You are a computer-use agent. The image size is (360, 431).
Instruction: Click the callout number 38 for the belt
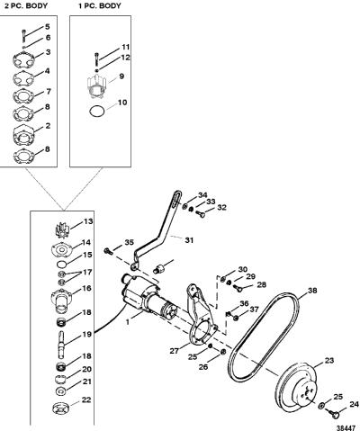pyautogui.click(x=312, y=291)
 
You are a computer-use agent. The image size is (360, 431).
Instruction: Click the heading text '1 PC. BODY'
pyautogui.click(x=100, y=5)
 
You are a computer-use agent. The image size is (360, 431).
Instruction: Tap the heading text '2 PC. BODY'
pyautogui.click(x=26, y=5)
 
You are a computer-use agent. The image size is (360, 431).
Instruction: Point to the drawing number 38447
pyautogui.click(x=347, y=427)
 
